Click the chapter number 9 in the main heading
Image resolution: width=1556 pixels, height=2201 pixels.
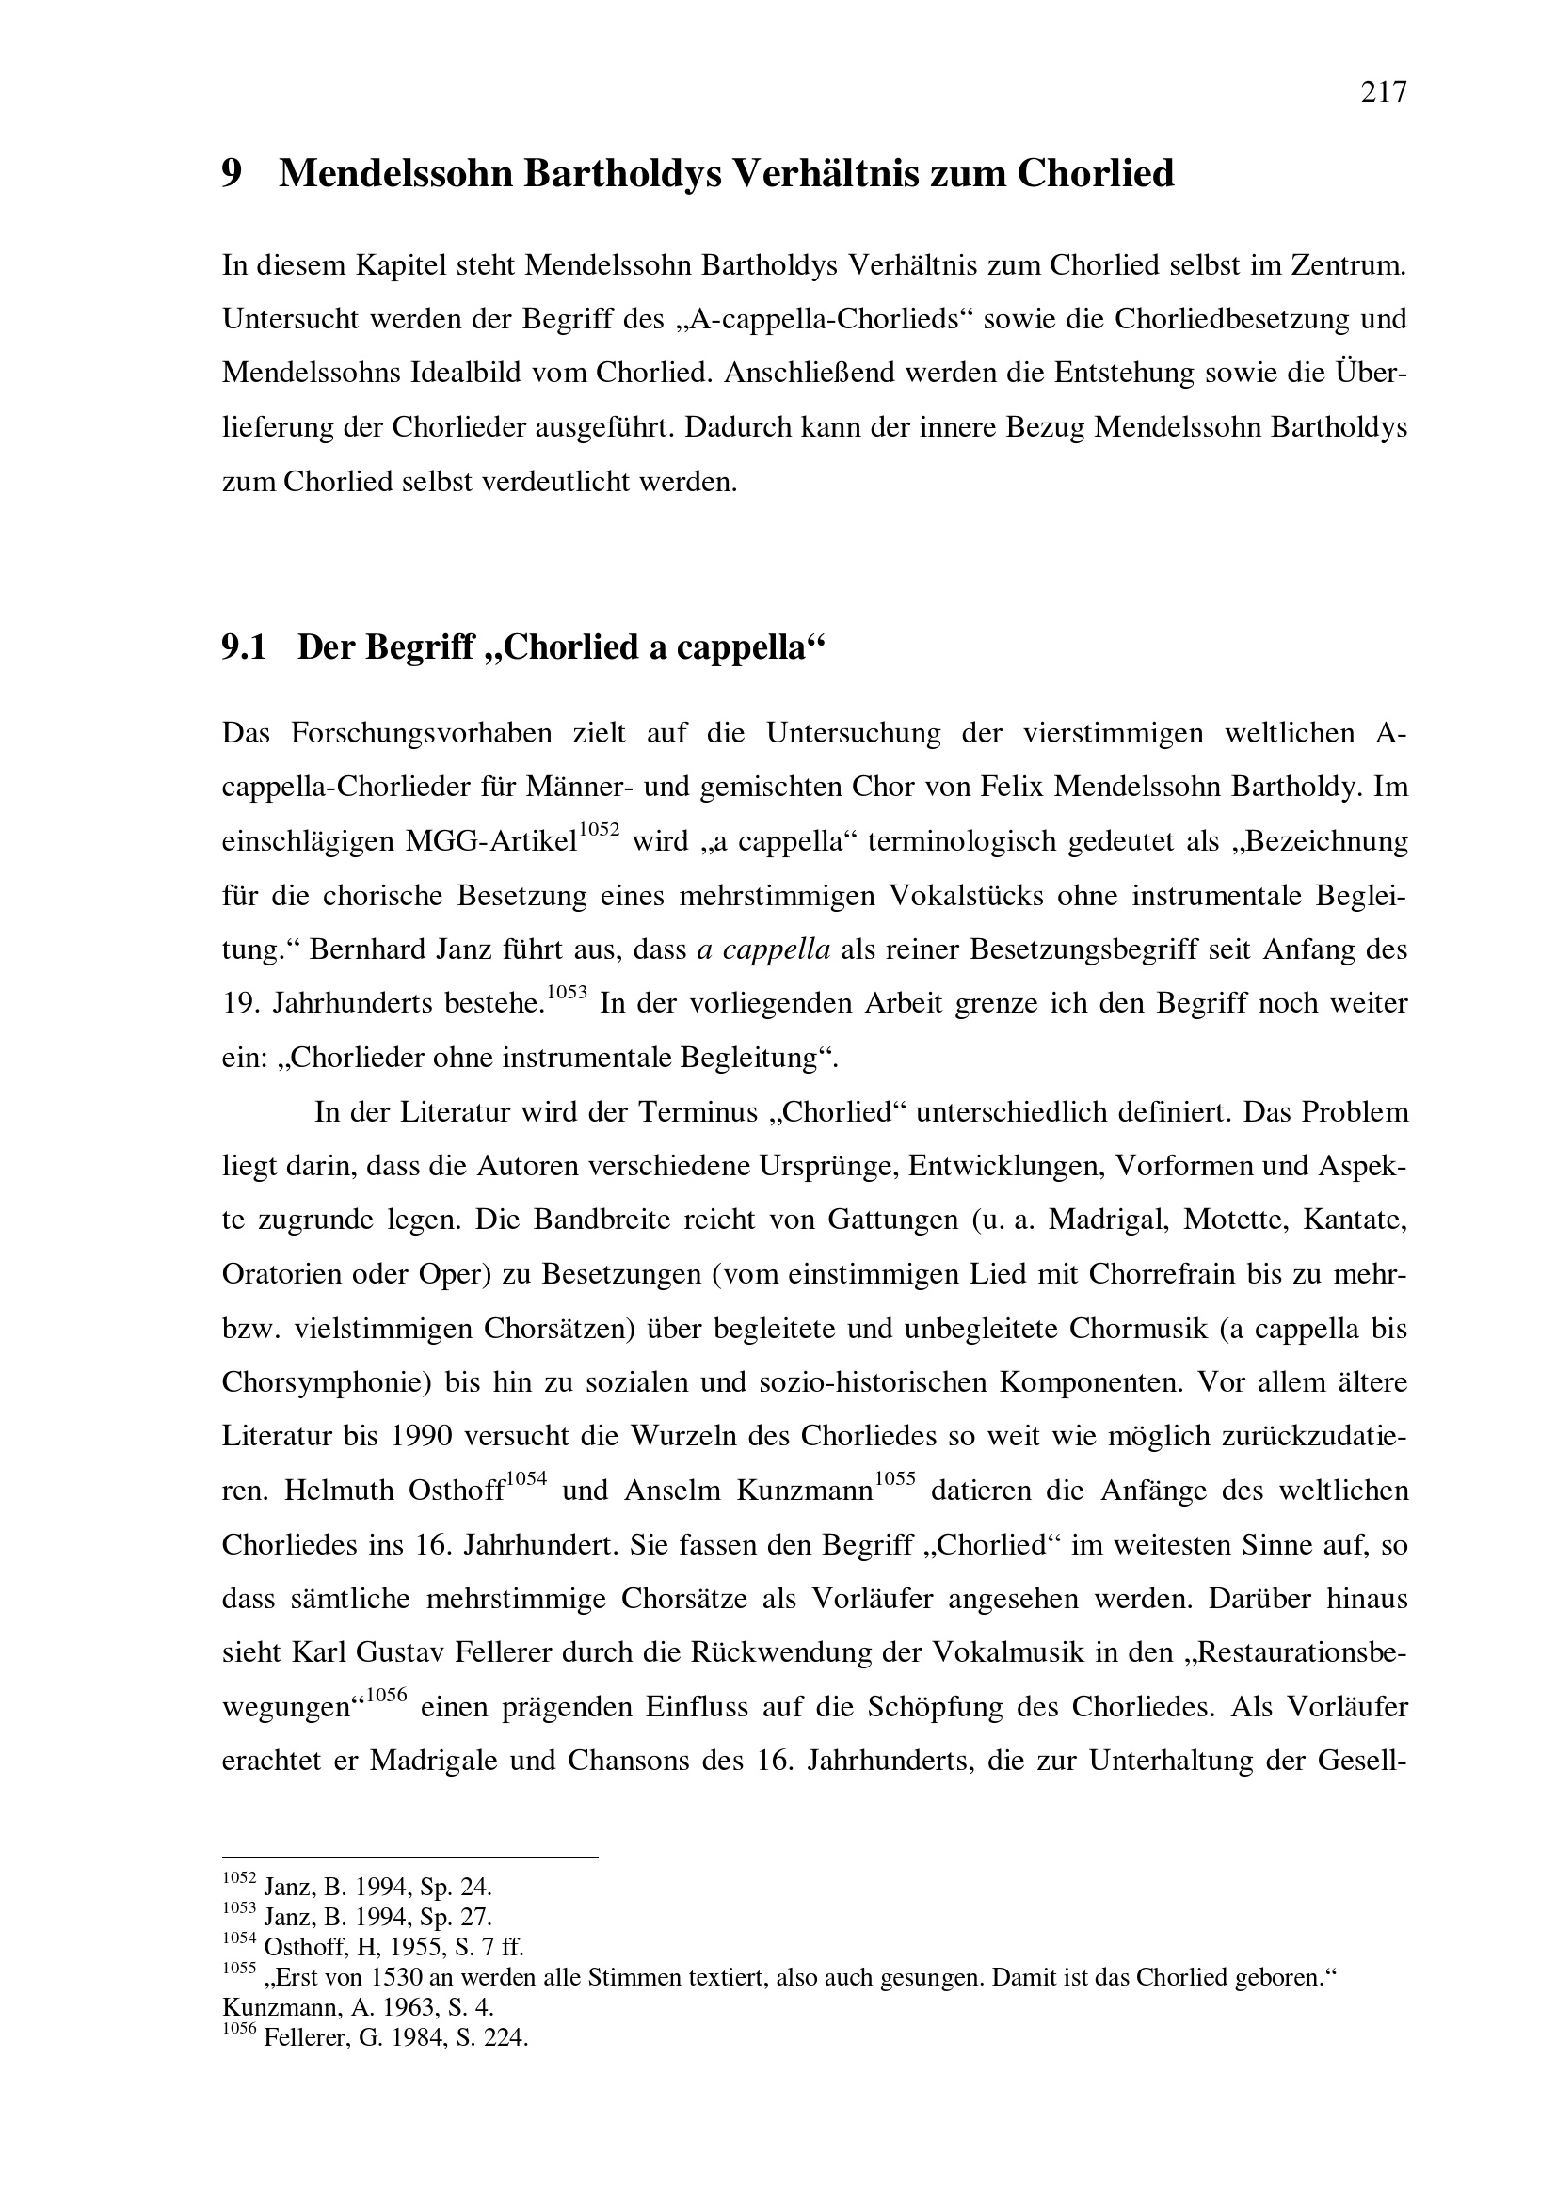coord(232,173)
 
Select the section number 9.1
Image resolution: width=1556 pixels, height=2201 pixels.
coord(243,648)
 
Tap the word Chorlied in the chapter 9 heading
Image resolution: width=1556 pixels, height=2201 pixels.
coord(1095,173)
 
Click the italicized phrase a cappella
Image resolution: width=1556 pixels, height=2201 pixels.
coord(763,950)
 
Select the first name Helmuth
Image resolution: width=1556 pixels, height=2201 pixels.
coord(339,1491)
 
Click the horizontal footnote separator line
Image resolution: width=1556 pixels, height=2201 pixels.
coord(409,1857)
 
